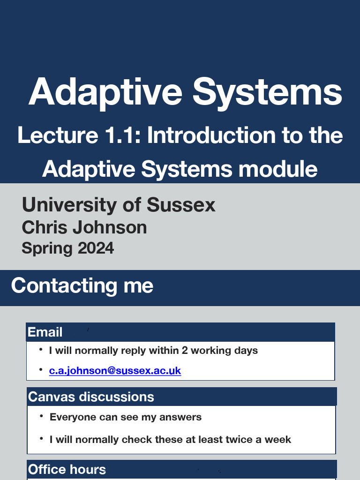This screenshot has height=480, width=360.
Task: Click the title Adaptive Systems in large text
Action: [x=185, y=91]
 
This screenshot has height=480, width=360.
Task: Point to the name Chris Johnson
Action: [x=84, y=227]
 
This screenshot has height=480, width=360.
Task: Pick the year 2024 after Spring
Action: [x=96, y=247]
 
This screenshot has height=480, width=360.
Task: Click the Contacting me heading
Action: [x=82, y=285]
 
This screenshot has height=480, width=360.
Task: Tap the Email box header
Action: [x=45, y=332]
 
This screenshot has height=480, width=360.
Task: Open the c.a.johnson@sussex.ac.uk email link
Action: [x=115, y=371]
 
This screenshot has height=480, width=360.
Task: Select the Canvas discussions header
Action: [x=91, y=397]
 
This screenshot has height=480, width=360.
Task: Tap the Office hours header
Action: [x=67, y=469]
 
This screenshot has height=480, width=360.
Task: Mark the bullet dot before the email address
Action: [x=41, y=370]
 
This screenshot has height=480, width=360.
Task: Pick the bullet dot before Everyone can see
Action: [x=42, y=416]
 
